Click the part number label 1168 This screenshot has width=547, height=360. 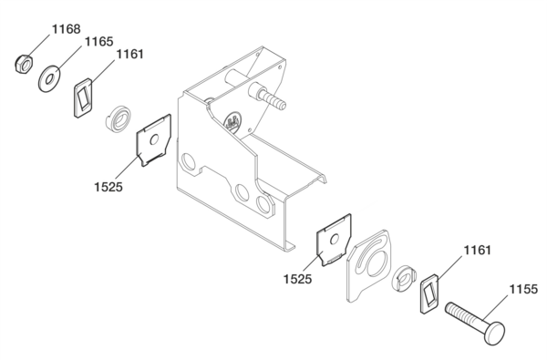pyautogui.click(x=67, y=29)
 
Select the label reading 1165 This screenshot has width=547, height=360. pyautogui.click(x=99, y=42)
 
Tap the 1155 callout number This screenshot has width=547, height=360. pyautogui.click(x=523, y=289)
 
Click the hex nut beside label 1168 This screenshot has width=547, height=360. pyautogui.click(x=24, y=64)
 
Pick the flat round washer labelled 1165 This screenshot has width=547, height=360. pyautogui.click(x=49, y=78)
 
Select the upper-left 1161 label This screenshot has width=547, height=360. pyautogui.click(x=129, y=54)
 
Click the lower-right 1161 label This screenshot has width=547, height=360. pyautogui.click(x=477, y=250)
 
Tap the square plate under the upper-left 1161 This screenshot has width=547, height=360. pyautogui.click(x=83, y=98)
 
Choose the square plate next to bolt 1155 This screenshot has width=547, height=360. pyautogui.click(x=429, y=293)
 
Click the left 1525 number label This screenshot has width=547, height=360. pyautogui.click(x=108, y=187)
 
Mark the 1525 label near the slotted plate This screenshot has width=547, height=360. pyautogui.click(x=297, y=279)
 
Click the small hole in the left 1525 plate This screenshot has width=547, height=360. pyautogui.click(x=154, y=139)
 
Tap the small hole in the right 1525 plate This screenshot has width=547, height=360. pyautogui.click(x=335, y=240)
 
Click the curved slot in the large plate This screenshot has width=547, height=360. pyautogui.click(x=365, y=256)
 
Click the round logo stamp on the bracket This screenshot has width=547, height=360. pyautogui.click(x=232, y=121)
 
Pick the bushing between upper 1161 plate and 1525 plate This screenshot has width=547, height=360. pyautogui.click(x=119, y=119)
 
